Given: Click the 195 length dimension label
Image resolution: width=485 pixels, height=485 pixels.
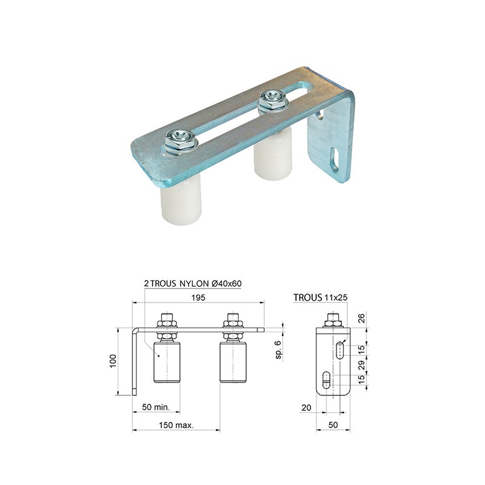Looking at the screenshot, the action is click(x=198, y=298).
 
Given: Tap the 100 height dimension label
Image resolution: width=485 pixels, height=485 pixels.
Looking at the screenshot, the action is click(x=113, y=361).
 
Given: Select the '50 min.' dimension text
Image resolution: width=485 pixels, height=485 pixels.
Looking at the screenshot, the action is click(x=156, y=407).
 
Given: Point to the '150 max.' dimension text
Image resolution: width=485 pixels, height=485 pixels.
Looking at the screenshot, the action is click(x=176, y=425).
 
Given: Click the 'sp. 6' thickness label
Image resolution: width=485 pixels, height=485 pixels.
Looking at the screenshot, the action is click(x=278, y=350).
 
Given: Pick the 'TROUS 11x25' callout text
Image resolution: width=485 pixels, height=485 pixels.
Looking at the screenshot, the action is click(x=321, y=298).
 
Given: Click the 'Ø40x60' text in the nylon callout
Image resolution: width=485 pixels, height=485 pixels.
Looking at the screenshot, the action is click(x=226, y=283).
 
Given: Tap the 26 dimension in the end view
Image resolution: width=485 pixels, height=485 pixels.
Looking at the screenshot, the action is click(x=361, y=318).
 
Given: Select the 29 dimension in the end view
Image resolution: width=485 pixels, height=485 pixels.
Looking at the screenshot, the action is click(x=361, y=365).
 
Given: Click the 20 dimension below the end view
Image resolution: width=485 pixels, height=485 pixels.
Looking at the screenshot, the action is click(x=306, y=407).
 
